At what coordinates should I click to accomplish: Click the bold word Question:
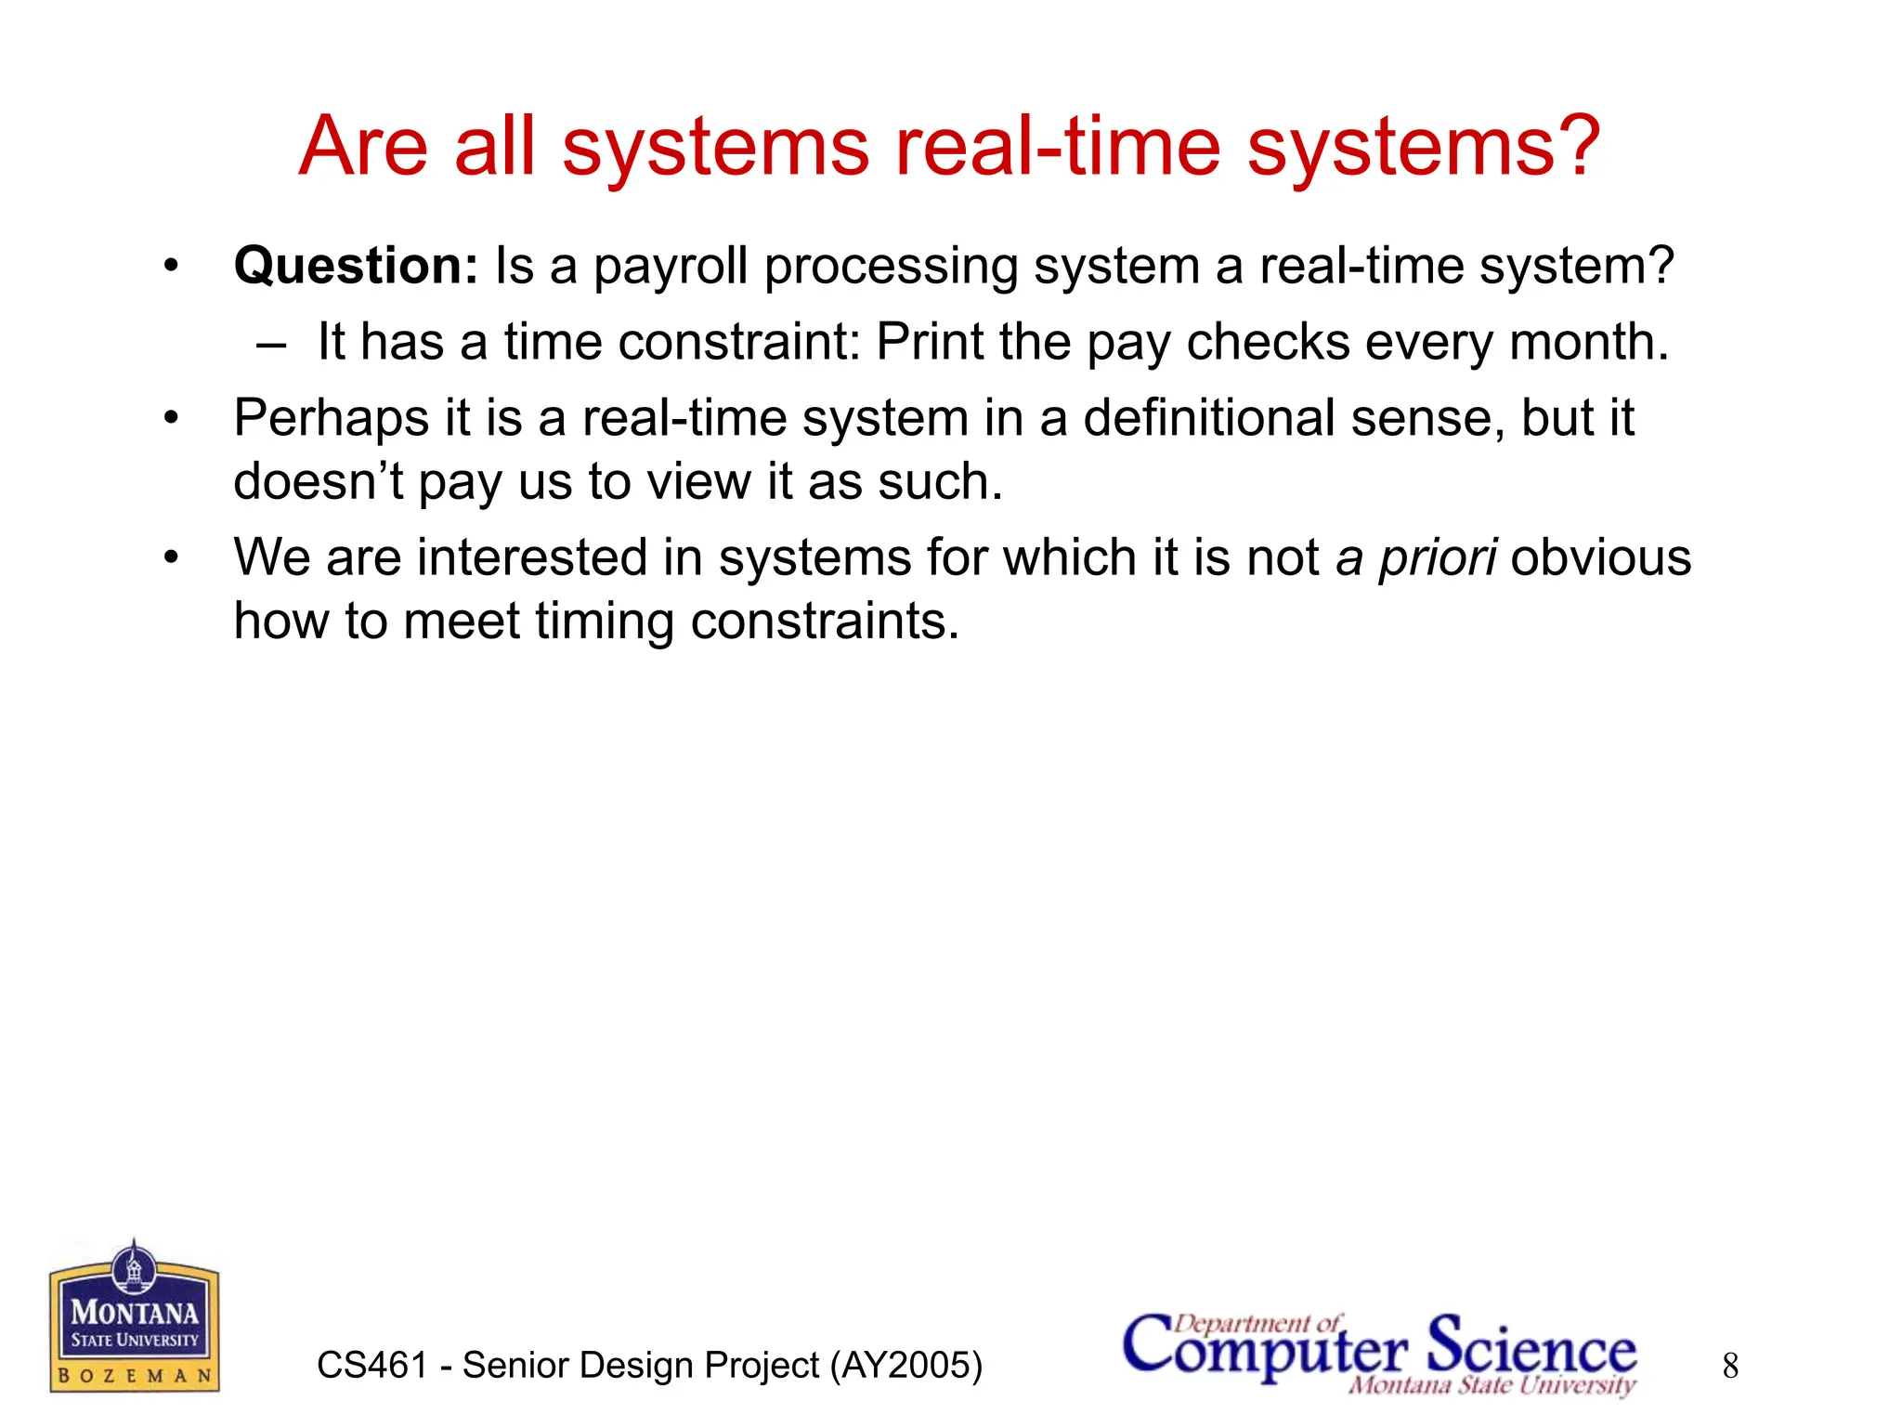click(356, 267)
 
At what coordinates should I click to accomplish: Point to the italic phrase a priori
click(1415, 558)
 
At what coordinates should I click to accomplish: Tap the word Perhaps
click(331, 419)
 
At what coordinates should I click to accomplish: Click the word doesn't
click(318, 482)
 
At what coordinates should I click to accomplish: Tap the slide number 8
click(1730, 1366)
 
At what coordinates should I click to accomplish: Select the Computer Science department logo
click(1379, 1353)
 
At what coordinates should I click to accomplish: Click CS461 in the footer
click(371, 1366)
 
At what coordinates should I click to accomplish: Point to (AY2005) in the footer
click(905, 1366)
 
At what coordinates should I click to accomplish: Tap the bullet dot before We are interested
click(171, 558)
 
